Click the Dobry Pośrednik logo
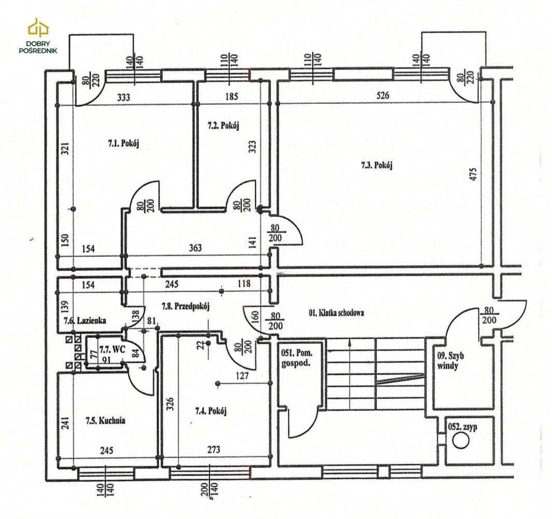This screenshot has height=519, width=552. [38, 36]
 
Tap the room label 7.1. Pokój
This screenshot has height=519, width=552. [123, 143]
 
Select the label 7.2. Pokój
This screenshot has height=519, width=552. [223, 126]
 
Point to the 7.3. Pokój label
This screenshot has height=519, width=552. [377, 165]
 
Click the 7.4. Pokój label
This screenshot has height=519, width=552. [211, 411]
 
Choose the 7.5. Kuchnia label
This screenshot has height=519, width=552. [106, 420]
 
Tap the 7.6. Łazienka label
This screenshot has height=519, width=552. [85, 320]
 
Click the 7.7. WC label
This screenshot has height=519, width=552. [113, 350]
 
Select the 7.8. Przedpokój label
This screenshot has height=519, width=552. [186, 306]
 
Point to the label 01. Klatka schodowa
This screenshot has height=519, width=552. [336, 312]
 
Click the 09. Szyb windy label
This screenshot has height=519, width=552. [450, 361]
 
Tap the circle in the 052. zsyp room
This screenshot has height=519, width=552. [461, 440]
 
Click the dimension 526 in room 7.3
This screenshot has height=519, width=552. [383, 95]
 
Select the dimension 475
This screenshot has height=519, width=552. [473, 174]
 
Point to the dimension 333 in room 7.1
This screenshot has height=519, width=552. [123, 97]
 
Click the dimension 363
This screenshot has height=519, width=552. [196, 248]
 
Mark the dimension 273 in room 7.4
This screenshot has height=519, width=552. [214, 449]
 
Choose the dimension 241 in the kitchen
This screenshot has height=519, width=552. [65, 423]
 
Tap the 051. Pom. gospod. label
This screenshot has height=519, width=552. [297, 358]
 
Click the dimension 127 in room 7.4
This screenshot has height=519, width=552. [243, 376]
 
